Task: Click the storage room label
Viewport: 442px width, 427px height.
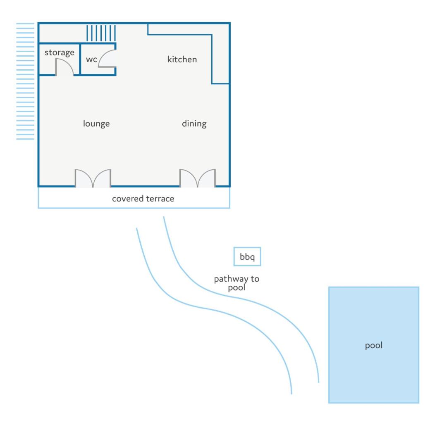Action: [60, 52]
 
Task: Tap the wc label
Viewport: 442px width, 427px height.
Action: [92, 59]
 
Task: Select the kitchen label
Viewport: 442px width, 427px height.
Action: [182, 59]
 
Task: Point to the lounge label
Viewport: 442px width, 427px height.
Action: [96, 123]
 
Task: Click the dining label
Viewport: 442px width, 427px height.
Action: [194, 123]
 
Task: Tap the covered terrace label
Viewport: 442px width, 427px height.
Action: [143, 199]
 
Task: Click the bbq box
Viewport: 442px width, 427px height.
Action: [247, 256]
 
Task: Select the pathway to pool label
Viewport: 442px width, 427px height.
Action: [237, 283]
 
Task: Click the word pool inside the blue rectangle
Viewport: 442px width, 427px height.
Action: [374, 345]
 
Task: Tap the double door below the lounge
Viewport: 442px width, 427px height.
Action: [93, 178]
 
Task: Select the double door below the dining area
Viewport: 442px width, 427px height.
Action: [198, 178]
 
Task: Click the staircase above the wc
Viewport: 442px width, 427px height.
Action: [101, 33]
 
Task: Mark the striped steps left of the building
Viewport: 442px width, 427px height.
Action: [25, 81]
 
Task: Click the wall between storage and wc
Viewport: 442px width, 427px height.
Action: [80, 59]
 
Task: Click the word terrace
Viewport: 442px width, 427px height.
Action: [160, 199]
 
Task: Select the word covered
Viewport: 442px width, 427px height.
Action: [128, 199]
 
